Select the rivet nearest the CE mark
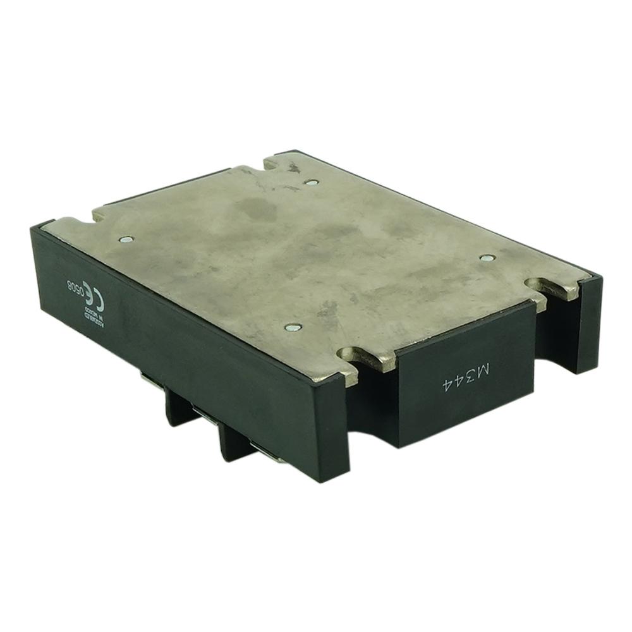tap(126, 240)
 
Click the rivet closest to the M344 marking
tap(486, 258)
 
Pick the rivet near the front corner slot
tap(291, 327)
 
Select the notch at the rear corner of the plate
tap(279, 164)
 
